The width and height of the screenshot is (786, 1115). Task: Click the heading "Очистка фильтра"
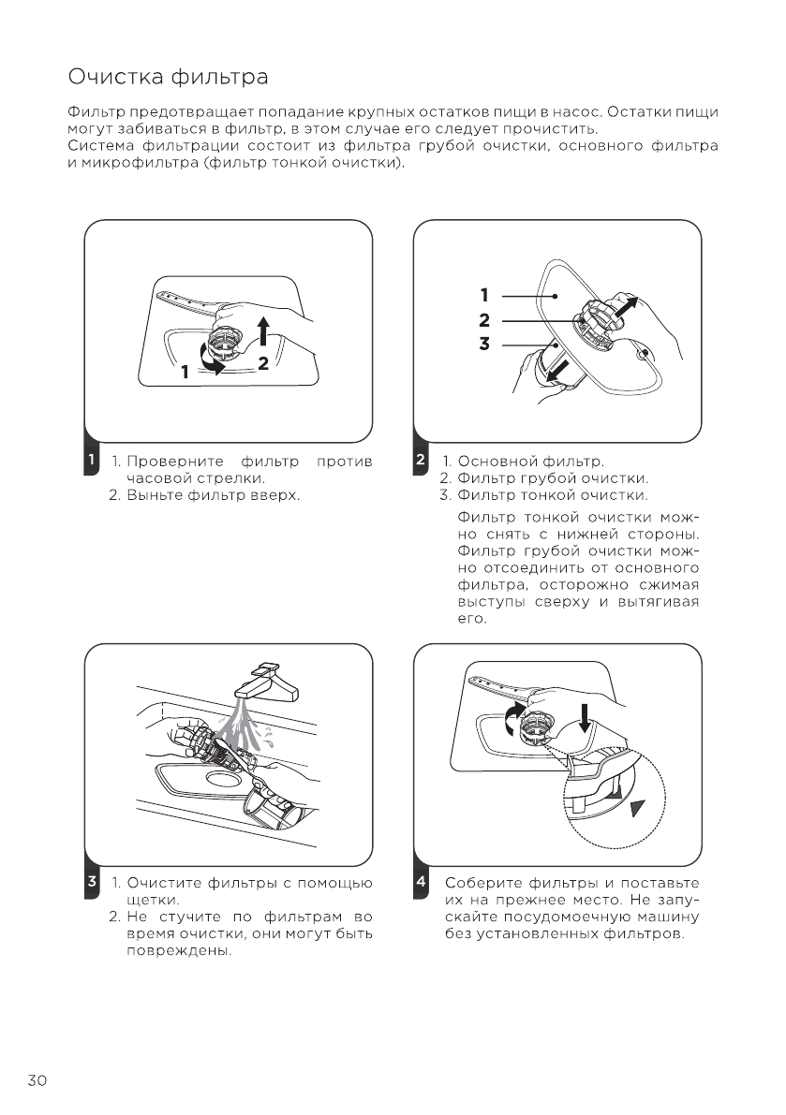169,75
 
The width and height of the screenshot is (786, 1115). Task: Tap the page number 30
37,1080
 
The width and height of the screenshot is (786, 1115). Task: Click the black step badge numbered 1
90,461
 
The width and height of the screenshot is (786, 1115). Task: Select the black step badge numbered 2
421,461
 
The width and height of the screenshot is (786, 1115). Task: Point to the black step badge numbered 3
90,882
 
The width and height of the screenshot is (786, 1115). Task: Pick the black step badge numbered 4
421,882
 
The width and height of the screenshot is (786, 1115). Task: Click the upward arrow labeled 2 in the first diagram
264,331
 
